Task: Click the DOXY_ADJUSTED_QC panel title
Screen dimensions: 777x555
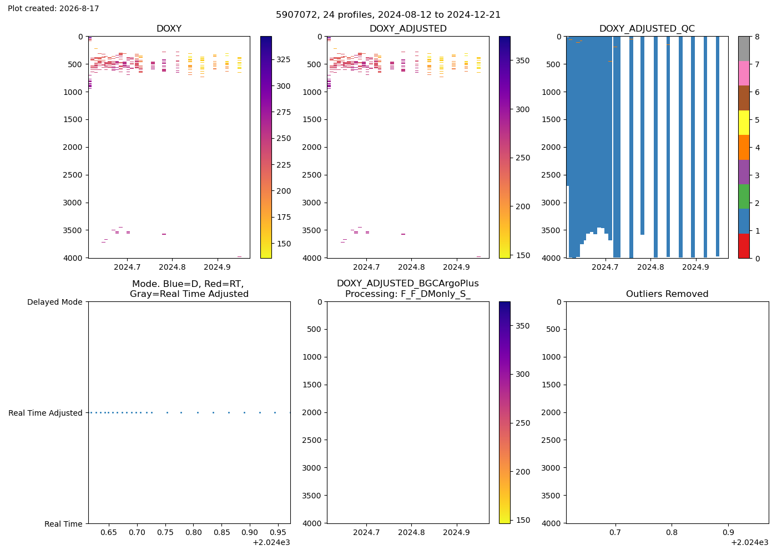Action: click(647, 28)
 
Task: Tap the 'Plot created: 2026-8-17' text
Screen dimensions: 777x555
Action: click(53, 8)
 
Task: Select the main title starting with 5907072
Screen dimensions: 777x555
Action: click(388, 15)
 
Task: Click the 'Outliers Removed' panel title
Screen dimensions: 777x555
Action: click(667, 294)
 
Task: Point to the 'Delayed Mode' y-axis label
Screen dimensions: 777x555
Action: click(55, 302)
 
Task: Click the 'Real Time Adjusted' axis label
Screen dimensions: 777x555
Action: click(46, 413)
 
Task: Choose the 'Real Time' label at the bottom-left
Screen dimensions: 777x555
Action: click(63, 524)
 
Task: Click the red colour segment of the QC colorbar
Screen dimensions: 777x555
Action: click(744, 246)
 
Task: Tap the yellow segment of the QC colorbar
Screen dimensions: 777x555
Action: click(744, 123)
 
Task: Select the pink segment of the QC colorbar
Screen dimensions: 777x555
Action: click(744, 73)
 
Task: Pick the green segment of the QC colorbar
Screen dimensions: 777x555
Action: click(744, 196)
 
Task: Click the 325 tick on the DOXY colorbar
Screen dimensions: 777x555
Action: click(284, 60)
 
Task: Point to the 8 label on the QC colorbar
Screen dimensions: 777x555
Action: click(757, 37)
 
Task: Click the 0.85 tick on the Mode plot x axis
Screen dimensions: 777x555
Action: click(221, 532)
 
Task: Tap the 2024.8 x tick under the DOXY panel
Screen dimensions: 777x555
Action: click(172, 267)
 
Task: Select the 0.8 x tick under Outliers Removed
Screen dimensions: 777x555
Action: click(672, 532)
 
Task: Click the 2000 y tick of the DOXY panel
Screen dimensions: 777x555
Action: click(73, 148)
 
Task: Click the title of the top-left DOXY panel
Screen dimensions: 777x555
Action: click(169, 28)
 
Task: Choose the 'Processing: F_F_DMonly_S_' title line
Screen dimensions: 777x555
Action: click(408, 294)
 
